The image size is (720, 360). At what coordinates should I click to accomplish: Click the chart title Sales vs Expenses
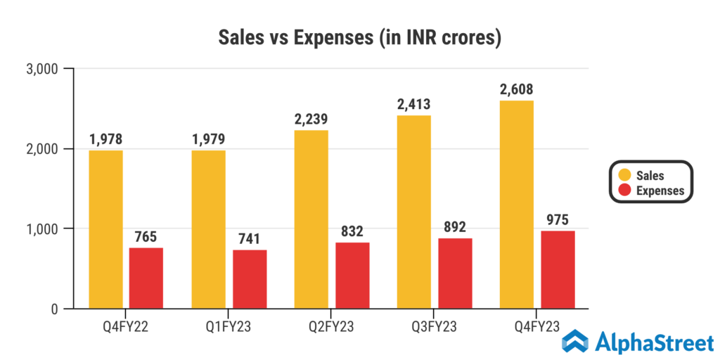[359, 37]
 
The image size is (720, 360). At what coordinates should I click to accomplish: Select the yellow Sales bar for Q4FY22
[105, 229]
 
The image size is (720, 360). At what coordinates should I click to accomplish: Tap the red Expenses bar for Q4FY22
[146, 278]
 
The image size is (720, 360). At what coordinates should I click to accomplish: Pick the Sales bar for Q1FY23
[208, 229]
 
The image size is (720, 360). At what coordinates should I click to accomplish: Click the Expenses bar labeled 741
[249, 278]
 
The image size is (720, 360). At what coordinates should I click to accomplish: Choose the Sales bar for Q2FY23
[311, 219]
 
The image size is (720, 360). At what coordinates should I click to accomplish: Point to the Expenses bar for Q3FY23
[455, 273]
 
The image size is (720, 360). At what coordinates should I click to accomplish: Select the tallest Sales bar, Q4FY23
[517, 205]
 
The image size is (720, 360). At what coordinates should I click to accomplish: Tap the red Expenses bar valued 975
[558, 269]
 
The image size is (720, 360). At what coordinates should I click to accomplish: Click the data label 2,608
[517, 89]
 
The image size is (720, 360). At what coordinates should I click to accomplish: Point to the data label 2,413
[413, 104]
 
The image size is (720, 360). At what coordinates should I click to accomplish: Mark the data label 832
[352, 231]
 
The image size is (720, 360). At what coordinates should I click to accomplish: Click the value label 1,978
[105, 139]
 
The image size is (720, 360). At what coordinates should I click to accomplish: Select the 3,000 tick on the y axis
[44, 69]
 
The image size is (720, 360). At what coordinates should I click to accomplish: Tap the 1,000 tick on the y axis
[44, 229]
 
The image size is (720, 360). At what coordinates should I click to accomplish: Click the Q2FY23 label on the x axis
[331, 327]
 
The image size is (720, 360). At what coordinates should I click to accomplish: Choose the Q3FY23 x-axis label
[434, 327]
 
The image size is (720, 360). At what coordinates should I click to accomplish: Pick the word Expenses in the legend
[660, 191]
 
